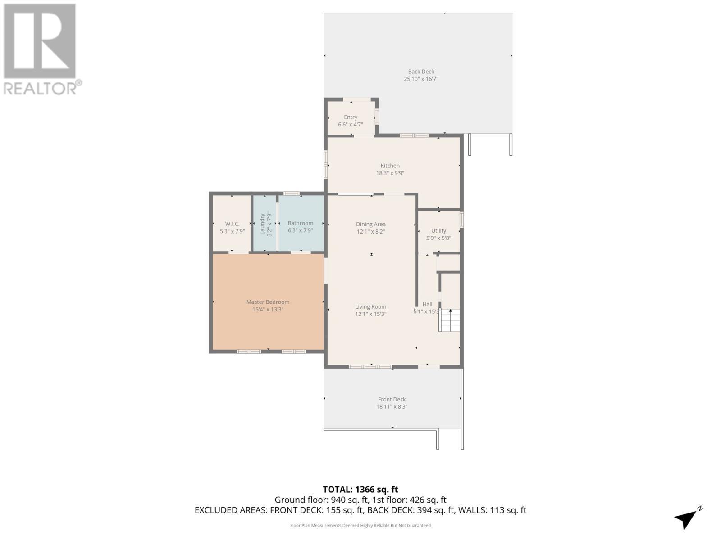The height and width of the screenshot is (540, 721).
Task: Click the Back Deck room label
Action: [421, 72]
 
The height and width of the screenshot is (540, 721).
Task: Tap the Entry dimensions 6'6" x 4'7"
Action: [351, 125]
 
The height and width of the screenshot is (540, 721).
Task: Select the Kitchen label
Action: [390, 166]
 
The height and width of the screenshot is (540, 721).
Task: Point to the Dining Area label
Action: [370, 224]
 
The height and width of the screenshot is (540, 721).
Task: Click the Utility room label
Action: [438, 230]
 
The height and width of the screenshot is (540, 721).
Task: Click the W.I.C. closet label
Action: [232, 224]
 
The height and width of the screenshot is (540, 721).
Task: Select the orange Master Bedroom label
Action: [268, 302]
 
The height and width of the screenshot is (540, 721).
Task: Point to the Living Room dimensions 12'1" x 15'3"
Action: [370, 314]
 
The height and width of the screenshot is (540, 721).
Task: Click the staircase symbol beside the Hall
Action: [450, 320]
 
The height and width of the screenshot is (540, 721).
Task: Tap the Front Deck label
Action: [392, 399]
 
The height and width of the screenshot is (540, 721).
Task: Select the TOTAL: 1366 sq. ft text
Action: [360, 490]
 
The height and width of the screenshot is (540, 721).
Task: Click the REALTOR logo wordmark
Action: [43, 88]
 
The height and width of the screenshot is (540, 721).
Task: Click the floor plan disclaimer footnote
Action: [360, 525]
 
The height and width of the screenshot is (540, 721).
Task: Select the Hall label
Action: [427, 304]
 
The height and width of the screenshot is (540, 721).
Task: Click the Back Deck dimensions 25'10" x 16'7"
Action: [421, 79]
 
